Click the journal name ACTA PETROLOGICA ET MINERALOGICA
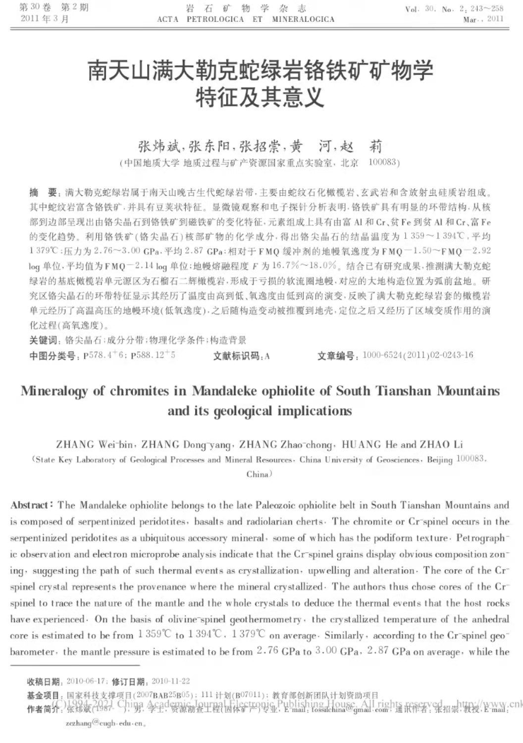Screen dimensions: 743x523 click(246, 20)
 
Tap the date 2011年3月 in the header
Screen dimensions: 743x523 click(45, 19)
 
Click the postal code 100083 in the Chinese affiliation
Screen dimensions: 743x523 click(383, 162)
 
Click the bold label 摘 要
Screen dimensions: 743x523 click(44, 193)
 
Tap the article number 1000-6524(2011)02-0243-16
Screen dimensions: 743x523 click(417, 355)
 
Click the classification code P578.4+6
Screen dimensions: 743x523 click(104, 355)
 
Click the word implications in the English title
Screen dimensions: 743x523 click(314, 411)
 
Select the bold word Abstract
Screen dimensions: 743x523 click(31, 505)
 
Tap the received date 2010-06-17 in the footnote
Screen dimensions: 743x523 click(85, 682)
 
